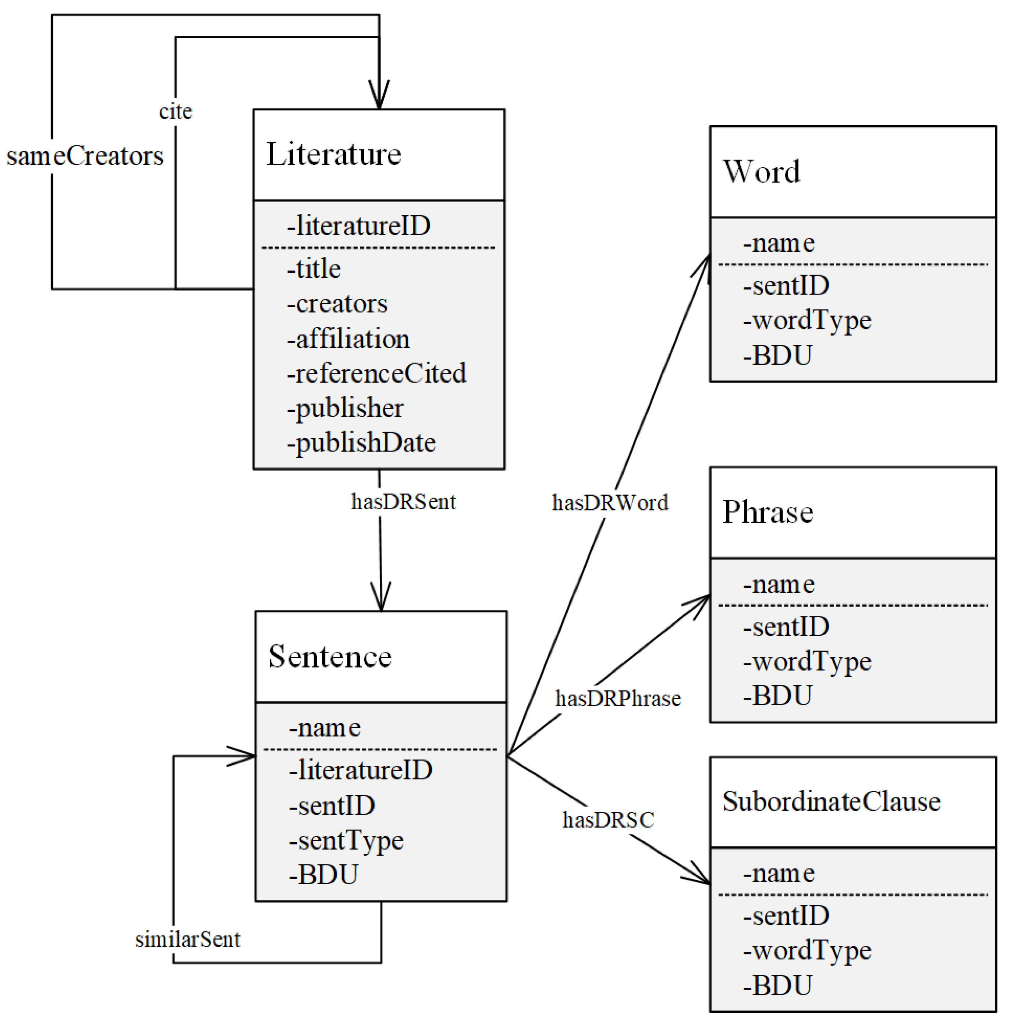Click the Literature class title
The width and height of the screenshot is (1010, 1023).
click(333, 154)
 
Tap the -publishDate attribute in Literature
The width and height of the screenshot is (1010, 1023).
click(361, 443)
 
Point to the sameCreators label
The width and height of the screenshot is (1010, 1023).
click(85, 156)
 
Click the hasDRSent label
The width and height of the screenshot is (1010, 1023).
click(403, 502)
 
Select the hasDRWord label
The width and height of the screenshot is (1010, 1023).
click(609, 503)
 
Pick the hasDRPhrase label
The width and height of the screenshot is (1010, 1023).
click(617, 698)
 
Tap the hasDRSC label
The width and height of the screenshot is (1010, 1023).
click(608, 820)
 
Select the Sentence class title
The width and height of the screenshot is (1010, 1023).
click(329, 656)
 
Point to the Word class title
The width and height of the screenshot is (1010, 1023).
click(761, 171)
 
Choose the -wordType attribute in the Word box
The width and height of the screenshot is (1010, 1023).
click(807, 321)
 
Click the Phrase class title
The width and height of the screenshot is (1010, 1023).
click(768, 512)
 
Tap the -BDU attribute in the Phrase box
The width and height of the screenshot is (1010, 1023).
click(777, 696)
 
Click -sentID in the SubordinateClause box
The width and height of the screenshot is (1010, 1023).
click(786, 916)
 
